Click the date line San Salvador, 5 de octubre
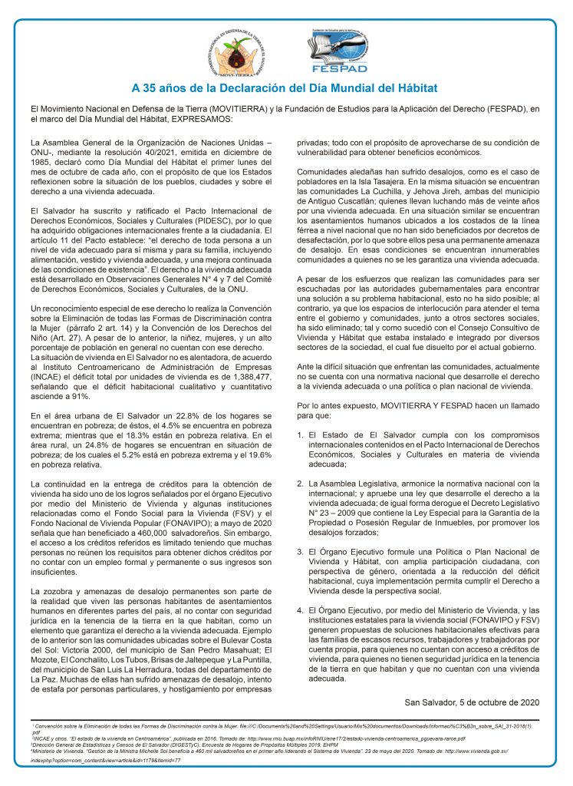click(472, 702)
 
